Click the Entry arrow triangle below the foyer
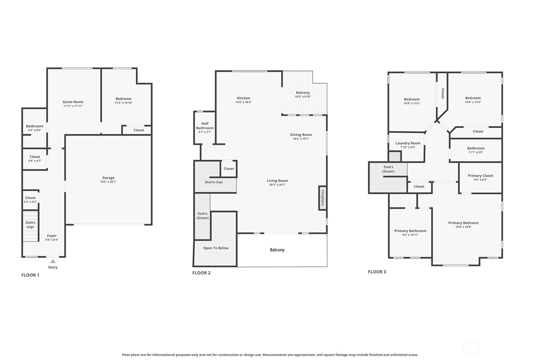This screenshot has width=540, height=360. click(x=53, y=261)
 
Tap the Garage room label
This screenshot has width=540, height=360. click(x=108, y=178)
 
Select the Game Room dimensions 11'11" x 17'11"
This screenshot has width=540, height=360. click(x=73, y=106)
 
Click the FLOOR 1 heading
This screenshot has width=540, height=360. click(x=30, y=275)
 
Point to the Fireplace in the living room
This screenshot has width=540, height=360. click(x=322, y=198)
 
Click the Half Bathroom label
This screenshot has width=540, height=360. click(x=205, y=126)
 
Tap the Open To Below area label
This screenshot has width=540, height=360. click(x=216, y=248)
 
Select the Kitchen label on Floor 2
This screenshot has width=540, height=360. click(x=243, y=98)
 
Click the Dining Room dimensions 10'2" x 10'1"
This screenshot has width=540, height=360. click(x=301, y=139)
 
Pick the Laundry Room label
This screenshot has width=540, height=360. click(x=408, y=143)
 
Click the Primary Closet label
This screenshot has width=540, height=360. click(x=480, y=176)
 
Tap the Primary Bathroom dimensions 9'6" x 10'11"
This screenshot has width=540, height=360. click(x=410, y=235)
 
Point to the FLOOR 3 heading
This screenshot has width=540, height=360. click(x=377, y=272)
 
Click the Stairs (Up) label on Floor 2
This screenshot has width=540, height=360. click(x=214, y=182)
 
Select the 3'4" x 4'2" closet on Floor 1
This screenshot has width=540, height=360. click(x=30, y=200)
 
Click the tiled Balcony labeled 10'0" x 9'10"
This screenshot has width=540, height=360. click(x=303, y=94)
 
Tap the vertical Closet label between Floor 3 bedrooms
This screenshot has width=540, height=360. click(x=443, y=93)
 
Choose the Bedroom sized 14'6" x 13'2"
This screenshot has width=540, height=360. click(x=473, y=100)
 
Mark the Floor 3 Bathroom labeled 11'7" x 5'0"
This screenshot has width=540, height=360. click(x=476, y=150)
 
